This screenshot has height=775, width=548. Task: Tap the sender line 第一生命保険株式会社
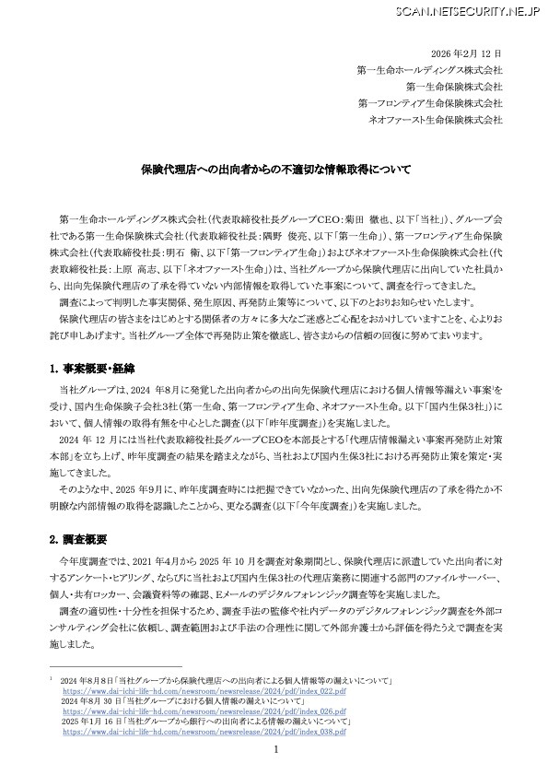pyautogui.click(x=457, y=86)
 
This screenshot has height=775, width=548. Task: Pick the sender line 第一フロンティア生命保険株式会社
pyautogui.click(x=429, y=102)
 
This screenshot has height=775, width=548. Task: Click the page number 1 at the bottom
pyautogui.click(x=274, y=751)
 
